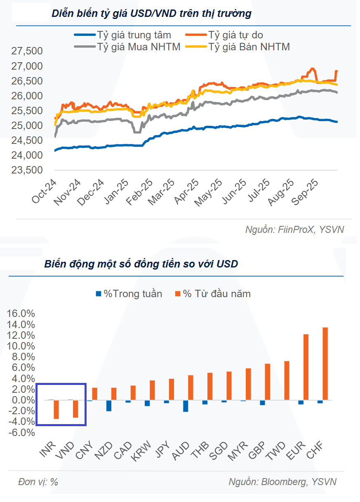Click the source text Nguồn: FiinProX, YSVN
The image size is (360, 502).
294,230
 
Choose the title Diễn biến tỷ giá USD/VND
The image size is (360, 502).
151,13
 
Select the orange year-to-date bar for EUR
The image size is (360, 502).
306,367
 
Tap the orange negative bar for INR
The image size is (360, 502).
56,409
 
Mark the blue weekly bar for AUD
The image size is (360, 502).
186,406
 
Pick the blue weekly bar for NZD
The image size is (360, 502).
109,405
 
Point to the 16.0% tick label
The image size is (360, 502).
21,314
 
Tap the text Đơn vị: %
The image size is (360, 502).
38,482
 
